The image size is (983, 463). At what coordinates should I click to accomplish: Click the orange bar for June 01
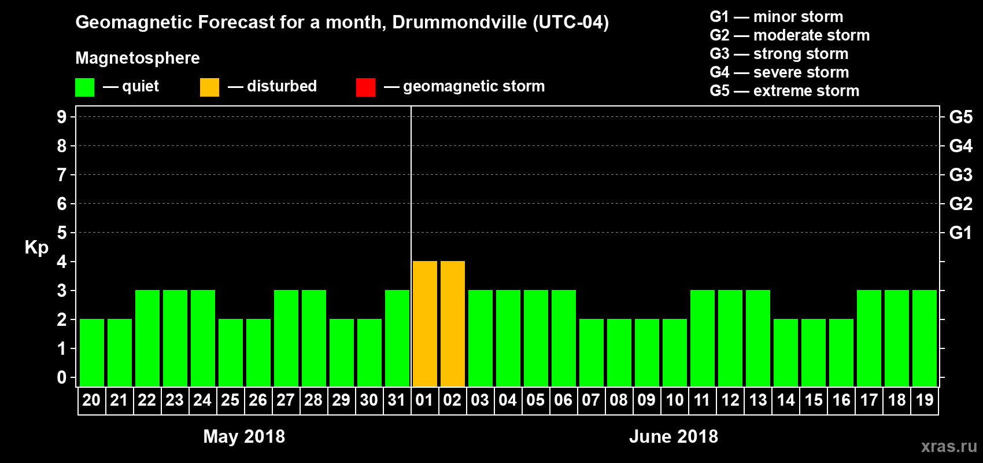(x=425, y=324)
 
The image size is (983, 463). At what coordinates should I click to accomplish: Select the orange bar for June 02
(x=453, y=324)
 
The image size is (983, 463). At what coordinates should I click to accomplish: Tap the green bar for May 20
(x=92, y=352)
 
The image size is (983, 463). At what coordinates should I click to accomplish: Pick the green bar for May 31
(x=397, y=339)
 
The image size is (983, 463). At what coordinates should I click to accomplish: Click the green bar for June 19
(x=925, y=339)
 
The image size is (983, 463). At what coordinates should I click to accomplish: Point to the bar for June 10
(x=675, y=352)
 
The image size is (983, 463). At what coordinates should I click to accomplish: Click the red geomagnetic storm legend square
(x=365, y=87)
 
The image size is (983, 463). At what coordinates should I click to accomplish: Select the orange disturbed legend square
(x=209, y=87)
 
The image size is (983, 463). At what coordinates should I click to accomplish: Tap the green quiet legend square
(x=84, y=87)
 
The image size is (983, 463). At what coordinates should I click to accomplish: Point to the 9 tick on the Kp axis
(x=62, y=117)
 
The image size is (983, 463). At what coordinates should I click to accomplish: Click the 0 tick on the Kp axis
(x=62, y=378)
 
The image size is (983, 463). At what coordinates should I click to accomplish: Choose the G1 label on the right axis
(x=960, y=233)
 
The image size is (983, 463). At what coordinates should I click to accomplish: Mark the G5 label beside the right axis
(x=960, y=117)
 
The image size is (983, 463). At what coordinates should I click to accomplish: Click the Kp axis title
(x=36, y=248)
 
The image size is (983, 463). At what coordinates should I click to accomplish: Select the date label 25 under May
(x=230, y=400)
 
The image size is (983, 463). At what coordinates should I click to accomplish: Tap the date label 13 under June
(x=757, y=400)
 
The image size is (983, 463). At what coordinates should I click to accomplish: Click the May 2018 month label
(x=244, y=436)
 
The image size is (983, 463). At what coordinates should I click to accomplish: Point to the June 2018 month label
(x=673, y=436)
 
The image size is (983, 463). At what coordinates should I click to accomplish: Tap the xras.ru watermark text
(x=948, y=446)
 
